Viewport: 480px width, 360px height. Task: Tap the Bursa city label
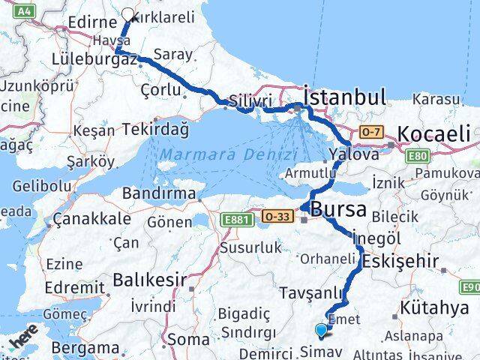(339, 208)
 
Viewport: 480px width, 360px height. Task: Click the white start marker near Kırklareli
(128, 14)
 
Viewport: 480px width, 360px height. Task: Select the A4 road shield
(25, 10)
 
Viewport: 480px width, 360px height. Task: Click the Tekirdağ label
(156, 129)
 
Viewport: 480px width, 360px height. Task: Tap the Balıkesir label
(149, 280)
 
